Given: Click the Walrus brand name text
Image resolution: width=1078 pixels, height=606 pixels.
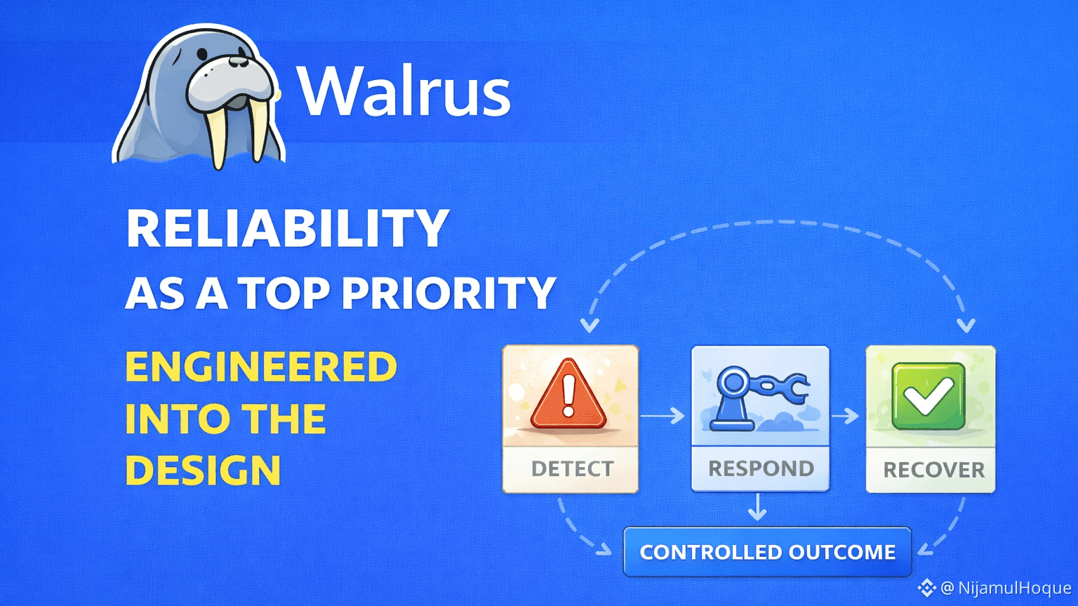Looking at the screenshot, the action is pos(404,91).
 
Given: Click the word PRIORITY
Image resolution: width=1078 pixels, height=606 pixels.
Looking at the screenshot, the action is pos(448,293).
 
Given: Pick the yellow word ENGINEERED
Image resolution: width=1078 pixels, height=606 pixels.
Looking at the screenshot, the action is pos(261,367).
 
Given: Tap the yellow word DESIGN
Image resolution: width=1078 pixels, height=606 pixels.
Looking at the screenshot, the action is pos(203,470).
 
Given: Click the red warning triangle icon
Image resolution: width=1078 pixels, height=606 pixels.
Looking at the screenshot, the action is pos(568,394).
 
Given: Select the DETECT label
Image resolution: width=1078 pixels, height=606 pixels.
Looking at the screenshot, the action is pos(572,469).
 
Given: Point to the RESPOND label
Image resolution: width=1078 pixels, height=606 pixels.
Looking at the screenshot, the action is pos(761,468).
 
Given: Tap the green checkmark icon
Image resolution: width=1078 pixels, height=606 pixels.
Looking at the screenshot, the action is pos(929,396).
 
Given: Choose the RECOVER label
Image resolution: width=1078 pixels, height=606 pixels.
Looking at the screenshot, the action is pos(934,470).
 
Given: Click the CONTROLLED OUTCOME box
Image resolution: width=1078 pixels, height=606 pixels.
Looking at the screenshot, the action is pos(767,552).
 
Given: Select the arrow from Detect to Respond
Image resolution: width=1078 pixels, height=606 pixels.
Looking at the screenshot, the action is pos(663,416).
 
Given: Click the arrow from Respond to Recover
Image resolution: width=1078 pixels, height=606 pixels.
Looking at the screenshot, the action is pos(845,416).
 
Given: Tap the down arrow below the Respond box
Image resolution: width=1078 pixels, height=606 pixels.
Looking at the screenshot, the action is pos(757,507).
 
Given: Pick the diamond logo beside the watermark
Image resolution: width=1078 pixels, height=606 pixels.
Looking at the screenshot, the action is pos(926,588).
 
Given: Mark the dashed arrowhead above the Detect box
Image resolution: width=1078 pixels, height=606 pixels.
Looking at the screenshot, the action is pos(589,325).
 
